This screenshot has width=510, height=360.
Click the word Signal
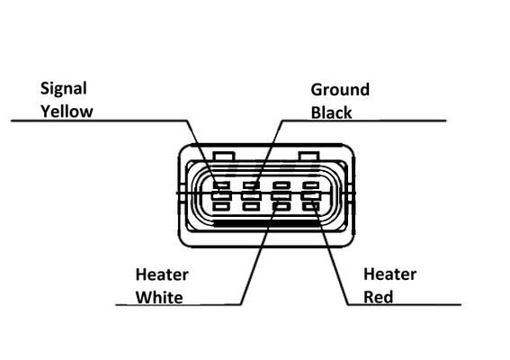(64, 89)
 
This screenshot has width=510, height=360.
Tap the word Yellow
(67, 112)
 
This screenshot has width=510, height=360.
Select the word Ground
(340, 90)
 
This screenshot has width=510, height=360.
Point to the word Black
(331, 112)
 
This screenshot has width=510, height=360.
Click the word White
(159, 298)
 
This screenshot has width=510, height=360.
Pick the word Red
(379, 297)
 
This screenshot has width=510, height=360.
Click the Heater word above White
(162, 274)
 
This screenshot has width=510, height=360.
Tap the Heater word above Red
(390, 274)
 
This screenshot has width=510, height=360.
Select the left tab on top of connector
(223, 156)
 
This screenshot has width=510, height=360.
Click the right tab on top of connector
(309, 156)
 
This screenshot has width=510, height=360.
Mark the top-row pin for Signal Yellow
(221, 185)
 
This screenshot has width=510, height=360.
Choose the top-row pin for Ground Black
(252, 185)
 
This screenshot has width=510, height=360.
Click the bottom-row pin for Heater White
(282, 206)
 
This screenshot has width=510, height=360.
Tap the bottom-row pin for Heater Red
(311, 206)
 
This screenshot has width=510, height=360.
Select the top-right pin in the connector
(311, 185)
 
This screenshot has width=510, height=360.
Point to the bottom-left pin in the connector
(221, 206)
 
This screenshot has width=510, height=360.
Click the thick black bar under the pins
(266, 223)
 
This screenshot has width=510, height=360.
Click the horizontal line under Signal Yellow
(99, 121)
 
